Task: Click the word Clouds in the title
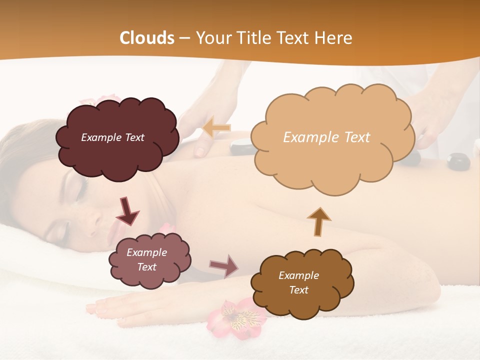(x=146, y=37)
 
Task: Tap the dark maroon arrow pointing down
(x=127, y=211)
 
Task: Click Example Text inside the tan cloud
(x=326, y=137)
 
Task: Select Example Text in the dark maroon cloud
(x=112, y=137)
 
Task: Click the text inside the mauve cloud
(x=146, y=260)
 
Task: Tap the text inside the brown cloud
(x=298, y=282)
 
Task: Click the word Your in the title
(x=212, y=37)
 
